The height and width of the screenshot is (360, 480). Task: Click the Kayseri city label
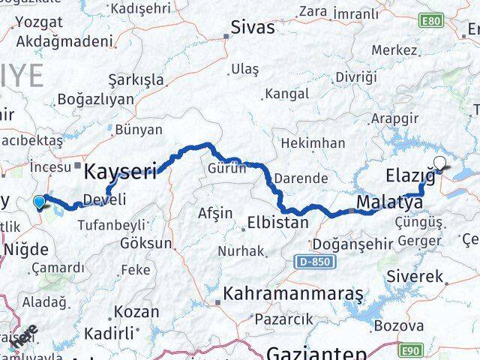120,172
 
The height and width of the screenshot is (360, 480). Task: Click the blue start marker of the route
39,201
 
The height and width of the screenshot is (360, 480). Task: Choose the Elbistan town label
277,223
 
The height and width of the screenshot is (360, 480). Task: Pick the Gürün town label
227,169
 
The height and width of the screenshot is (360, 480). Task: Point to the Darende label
301,178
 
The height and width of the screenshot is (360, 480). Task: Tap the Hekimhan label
313,142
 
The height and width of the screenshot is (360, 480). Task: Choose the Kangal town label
286,94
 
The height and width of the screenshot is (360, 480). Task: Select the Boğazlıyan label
89,99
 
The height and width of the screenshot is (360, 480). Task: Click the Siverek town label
415,277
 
